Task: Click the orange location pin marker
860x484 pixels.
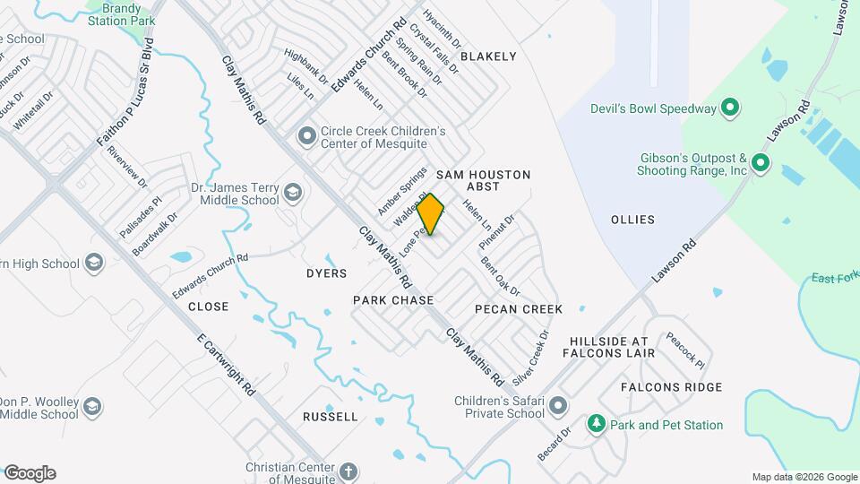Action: (x=431, y=214)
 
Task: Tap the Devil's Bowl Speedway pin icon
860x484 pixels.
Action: (x=730, y=108)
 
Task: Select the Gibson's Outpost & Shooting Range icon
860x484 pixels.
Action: (x=761, y=163)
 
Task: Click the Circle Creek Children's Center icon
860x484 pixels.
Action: (x=307, y=136)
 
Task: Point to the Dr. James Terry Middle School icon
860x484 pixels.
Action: (x=292, y=193)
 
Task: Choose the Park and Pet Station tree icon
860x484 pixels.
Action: (x=596, y=424)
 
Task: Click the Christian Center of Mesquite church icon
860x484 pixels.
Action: (x=348, y=471)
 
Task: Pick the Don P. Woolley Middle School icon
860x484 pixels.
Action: (x=91, y=408)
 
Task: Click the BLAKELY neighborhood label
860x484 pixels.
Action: (x=488, y=56)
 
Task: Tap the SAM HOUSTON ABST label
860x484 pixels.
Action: (x=484, y=182)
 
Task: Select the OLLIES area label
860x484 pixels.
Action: (x=632, y=220)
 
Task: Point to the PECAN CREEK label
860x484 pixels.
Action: (x=519, y=309)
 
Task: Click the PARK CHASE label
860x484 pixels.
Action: (x=393, y=300)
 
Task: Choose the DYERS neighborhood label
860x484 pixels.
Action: (x=326, y=272)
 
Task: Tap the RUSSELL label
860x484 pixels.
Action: (x=331, y=417)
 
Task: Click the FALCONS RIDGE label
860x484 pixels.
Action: (x=672, y=387)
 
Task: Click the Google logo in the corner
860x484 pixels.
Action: (x=30, y=473)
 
